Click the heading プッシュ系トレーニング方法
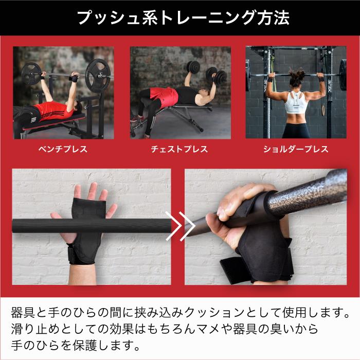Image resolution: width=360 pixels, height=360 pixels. [183, 17]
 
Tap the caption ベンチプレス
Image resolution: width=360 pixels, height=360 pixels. [63, 149]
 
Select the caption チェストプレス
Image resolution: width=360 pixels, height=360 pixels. [179, 149]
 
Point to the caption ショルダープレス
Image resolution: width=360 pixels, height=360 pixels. [296, 149]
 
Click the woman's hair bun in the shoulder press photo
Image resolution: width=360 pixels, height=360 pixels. [296, 73]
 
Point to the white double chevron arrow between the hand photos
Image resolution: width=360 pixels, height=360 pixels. [180, 226]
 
